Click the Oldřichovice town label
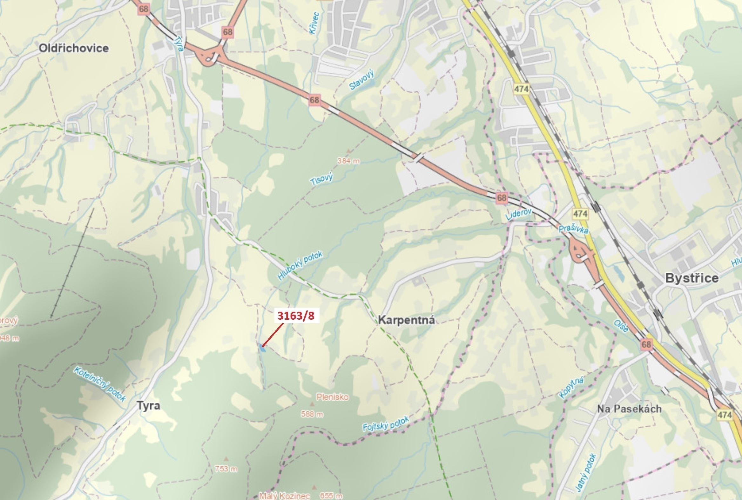[x=74, y=48]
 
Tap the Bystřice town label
[x=691, y=278]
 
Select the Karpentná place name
[x=406, y=320]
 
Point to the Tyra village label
[x=148, y=406]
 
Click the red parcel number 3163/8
[x=296, y=316]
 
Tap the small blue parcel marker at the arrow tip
[x=263, y=348]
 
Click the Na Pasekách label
[x=629, y=409]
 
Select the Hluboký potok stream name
[x=300, y=265]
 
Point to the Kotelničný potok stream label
[x=100, y=383]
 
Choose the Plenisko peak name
[x=332, y=397]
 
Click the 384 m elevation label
[x=348, y=161]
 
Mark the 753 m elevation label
[x=226, y=469]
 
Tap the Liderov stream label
[x=519, y=214]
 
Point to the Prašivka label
[x=573, y=229]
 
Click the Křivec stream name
[x=314, y=23]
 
